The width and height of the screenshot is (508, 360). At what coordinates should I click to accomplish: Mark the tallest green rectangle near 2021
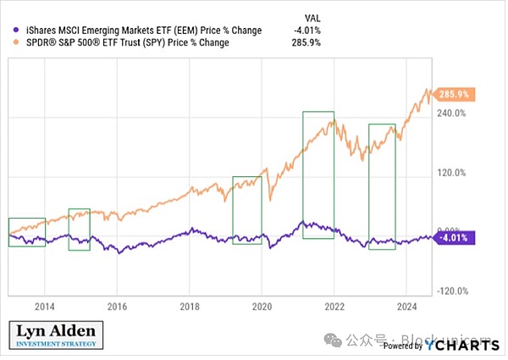pos(318,174)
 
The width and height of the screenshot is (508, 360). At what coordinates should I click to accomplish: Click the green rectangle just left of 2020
pos(246,210)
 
